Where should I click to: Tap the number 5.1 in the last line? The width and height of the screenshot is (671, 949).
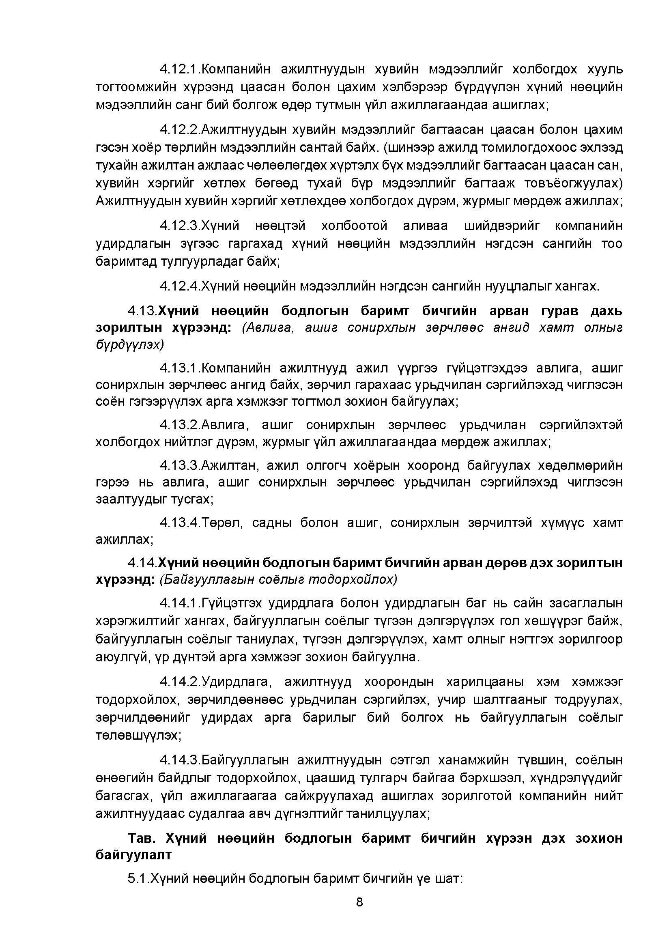pos(138,878)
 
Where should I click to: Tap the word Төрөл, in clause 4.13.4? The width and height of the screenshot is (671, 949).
pos(222,523)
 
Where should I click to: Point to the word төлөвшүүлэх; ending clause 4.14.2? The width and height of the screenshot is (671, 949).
pos(138,735)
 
